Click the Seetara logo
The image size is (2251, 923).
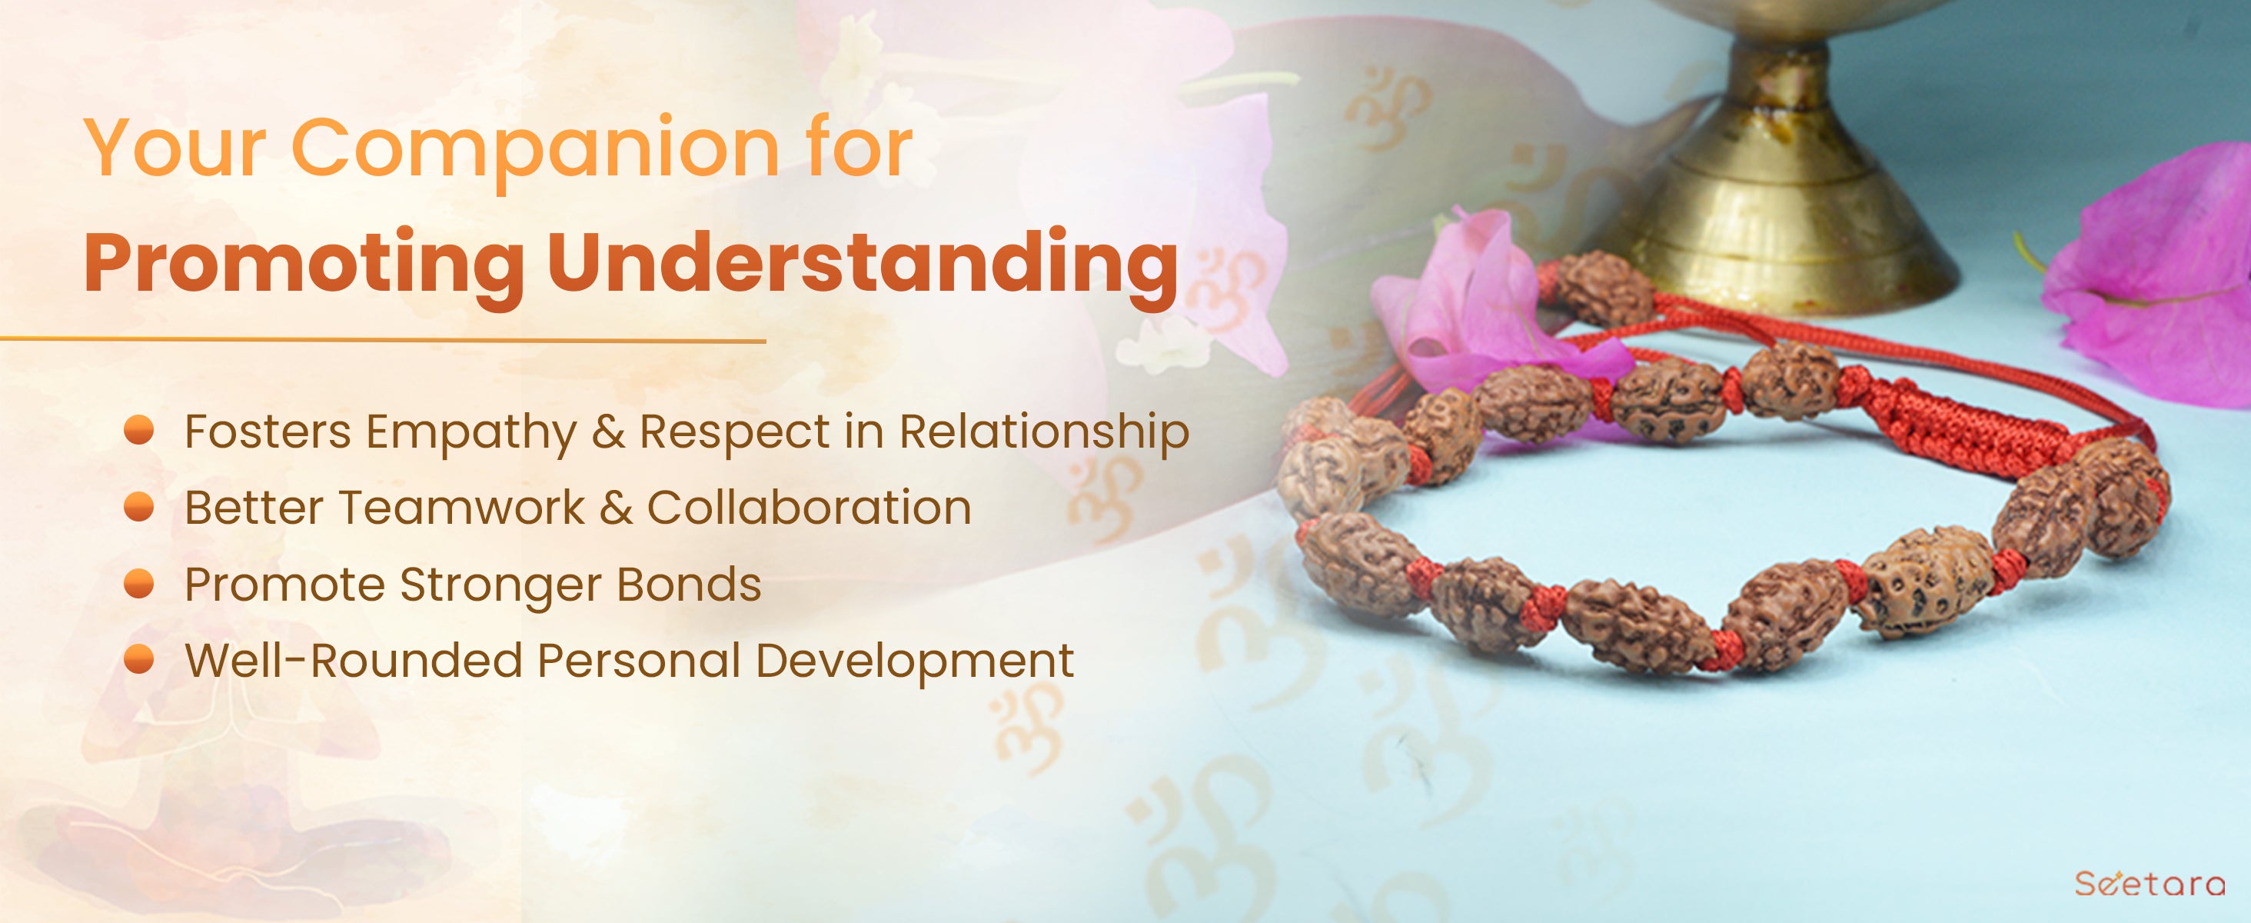click(2150, 883)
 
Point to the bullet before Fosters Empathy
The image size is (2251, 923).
click(139, 430)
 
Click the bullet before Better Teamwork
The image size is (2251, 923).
click(139, 506)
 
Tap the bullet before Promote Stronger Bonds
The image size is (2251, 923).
click(139, 583)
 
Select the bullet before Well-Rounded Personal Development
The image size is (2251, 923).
click(139, 659)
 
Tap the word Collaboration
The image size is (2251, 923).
click(810, 508)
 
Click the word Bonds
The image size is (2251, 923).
click(690, 584)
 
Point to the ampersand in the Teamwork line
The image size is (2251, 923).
click(616, 508)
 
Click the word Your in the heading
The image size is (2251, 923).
click(175, 148)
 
